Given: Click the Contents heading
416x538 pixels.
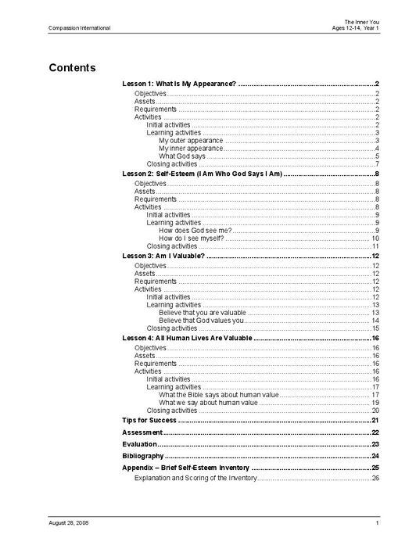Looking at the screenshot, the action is [72, 67].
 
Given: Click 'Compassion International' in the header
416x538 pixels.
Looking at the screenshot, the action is [79, 28].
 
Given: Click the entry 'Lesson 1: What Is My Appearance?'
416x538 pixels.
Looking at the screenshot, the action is [179, 83].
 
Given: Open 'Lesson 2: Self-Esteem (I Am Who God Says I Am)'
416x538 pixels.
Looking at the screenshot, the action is [202, 173].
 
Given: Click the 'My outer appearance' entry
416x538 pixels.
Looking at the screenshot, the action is [190, 141].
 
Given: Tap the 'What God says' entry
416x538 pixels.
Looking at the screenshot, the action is [182, 156].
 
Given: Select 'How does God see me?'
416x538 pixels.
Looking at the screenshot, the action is [195, 230].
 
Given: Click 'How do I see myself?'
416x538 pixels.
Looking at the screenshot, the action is [194, 238].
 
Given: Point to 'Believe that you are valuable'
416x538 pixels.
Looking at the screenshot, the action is [202, 312].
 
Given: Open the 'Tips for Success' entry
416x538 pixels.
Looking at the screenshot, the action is [149, 421].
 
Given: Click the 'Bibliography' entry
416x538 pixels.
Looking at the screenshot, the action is [143, 455].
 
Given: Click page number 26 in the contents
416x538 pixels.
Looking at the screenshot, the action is [375, 477].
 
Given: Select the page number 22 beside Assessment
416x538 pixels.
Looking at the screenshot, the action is [375, 432].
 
